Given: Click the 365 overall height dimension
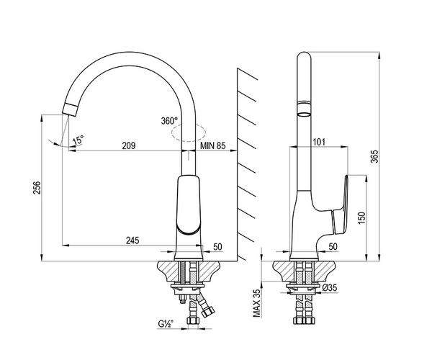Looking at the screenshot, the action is click(x=375, y=156).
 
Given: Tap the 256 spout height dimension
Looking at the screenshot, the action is click(x=37, y=188).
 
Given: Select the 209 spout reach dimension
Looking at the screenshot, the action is click(x=129, y=145).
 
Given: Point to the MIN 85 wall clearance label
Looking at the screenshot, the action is click(x=212, y=145).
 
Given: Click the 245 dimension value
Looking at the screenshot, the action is click(x=132, y=240).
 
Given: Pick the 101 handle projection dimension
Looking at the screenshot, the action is click(x=319, y=142).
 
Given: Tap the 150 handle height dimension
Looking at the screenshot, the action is click(x=362, y=218).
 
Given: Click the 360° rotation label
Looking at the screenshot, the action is click(x=169, y=121).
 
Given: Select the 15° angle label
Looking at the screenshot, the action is click(x=78, y=140).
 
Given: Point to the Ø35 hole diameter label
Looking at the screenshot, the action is click(x=330, y=288).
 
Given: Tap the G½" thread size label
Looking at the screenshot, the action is click(x=166, y=324).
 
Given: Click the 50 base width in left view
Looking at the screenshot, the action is click(x=217, y=247).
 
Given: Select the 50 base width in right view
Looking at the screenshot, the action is click(x=333, y=246).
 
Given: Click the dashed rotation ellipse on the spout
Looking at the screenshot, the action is click(x=189, y=132).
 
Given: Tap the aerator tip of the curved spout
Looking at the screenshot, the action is click(x=71, y=109).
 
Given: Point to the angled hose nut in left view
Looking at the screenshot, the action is click(x=208, y=312).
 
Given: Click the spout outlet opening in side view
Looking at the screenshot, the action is click(x=304, y=114).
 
